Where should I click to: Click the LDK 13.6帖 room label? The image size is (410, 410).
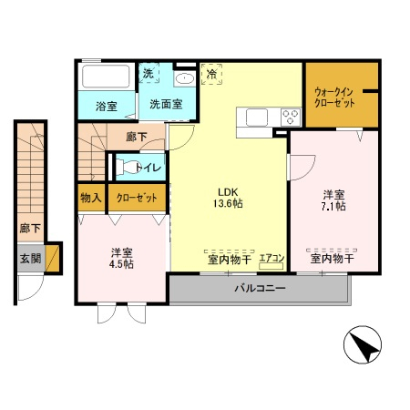(x=228, y=198)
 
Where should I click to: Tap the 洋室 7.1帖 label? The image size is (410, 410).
(x=333, y=200)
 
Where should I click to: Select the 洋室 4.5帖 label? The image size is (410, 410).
(x=121, y=259)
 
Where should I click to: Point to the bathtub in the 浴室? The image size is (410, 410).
(x=106, y=77)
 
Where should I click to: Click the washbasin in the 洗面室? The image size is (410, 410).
(x=185, y=78)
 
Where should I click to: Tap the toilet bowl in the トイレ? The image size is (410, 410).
(x=128, y=167)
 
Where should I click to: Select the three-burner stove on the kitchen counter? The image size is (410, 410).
(x=291, y=118)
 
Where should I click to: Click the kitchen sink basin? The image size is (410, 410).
(x=257, y=118)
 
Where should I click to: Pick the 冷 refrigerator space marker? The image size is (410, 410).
(x=211, y=74)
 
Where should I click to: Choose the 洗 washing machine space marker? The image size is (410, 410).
(x=149, y=73)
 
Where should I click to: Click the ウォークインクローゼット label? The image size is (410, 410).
(x=334, y=97)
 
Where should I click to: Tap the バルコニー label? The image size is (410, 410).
(x=260, y=288)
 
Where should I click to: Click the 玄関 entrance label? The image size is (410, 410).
(x=30, y=259)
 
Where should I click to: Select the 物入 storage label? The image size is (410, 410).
(x=91, y=198)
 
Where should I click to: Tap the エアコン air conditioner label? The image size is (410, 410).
(x=272, y=258)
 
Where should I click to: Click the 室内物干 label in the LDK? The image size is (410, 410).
(x=230, y=260)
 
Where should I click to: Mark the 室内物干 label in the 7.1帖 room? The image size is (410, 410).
(x=332, y=259)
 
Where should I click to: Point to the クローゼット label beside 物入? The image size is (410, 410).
(x=137, y=198)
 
